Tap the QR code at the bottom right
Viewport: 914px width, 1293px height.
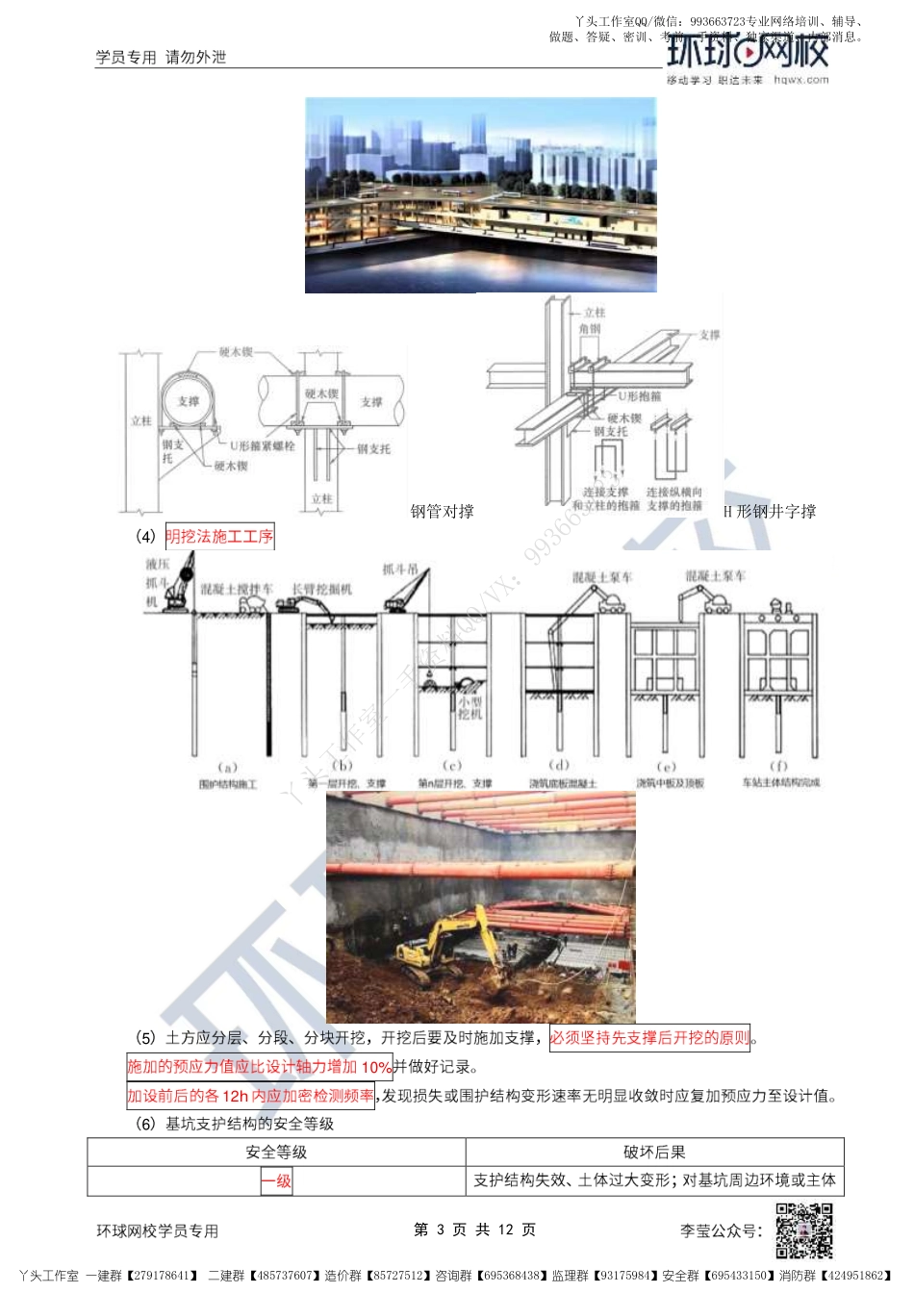[804, 1230]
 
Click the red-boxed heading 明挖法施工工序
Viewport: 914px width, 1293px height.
[219, 537]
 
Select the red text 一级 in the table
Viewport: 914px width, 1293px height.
[276, 1181]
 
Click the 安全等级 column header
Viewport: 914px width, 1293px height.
[276, 1153]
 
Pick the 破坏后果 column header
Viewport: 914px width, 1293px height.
[654, 1153]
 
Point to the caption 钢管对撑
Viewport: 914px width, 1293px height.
[442, 512]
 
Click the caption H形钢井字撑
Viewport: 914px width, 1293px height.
[770, 512]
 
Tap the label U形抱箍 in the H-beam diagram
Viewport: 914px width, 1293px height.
[639, 396]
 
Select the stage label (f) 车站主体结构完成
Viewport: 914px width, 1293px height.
[780, 775]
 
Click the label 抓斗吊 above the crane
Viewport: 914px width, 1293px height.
[400, 570]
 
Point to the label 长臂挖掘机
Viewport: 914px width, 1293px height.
[322, 589]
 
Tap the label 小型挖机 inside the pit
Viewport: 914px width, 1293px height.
[470, 708]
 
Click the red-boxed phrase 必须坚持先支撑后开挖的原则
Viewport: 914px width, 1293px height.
[649, 1038]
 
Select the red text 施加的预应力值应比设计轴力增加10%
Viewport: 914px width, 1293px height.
[260, 1067]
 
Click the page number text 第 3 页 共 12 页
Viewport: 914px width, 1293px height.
[474, 1230]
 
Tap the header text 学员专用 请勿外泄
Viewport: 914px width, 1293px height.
[161, 58]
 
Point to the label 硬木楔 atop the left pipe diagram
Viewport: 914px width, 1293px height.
[236, 353]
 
